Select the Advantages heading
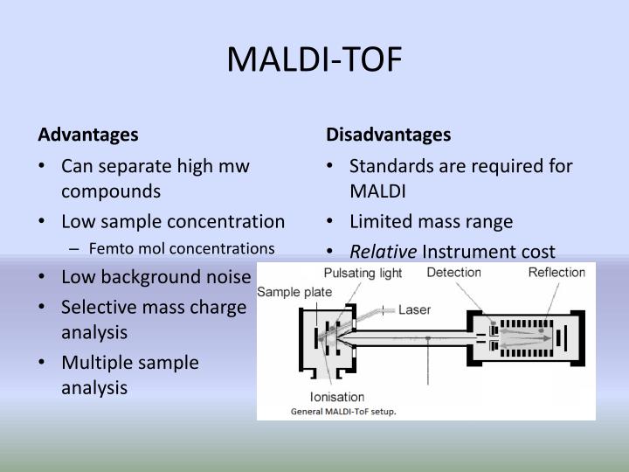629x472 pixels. click(x=87, y=135)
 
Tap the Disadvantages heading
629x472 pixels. click(x=388, y=135)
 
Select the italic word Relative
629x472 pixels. click(x=384, y=252)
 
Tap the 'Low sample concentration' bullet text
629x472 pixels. click(x=172, y=221)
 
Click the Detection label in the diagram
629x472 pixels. click(x=453, y=273)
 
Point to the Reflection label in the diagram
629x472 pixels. click(x=556, y=273)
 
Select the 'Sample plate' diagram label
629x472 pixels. click(x=294, y=291)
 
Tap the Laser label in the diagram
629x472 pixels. click(x=414, y=309)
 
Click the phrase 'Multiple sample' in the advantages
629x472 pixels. click(x=130, y=361)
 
